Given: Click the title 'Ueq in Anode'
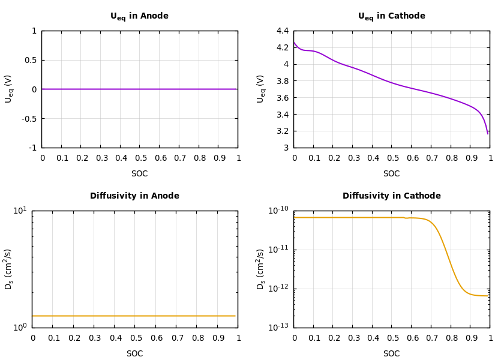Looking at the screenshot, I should pyautogui.click(x=139, y=16).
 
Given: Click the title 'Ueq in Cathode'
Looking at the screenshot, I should pyautogui.click(x=391, y=16).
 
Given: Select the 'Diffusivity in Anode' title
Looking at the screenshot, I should pyautogui.click(x=134, y=196).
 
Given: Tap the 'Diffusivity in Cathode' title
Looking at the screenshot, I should pyautogui.click(x=391, y=196).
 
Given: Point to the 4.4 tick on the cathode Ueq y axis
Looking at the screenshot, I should pyautogui.click(x=282, y=31).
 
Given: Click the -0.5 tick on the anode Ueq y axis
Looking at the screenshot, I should pyautogui.click(x=29, y=119).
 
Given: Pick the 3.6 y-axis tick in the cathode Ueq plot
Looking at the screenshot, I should pyautogui.click(x=282, y=98).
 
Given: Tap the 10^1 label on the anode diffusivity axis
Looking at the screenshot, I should pyautogui.click(x=20, y=210).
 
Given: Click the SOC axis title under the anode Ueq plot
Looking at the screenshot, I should pyautogui.click(x=139, y=174).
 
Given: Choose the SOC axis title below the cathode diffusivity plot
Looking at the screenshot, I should pyautogui.click(x=391, y=354).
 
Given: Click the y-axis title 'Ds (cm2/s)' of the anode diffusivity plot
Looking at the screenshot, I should pyautogui.click(x=9, y=269).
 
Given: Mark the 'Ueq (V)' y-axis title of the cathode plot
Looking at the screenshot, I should pyautogui.click(x=261, y=89).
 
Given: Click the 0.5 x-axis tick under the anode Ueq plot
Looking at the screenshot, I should pyautogui.click(x=140, y=158).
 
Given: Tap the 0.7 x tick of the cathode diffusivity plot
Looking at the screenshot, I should pyautogui.click(x=431, y=338).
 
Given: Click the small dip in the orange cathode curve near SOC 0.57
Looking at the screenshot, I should pyautogui.click(x=406, y=218).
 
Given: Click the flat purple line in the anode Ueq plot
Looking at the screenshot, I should pyautogui.click(x=139, y=89).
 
